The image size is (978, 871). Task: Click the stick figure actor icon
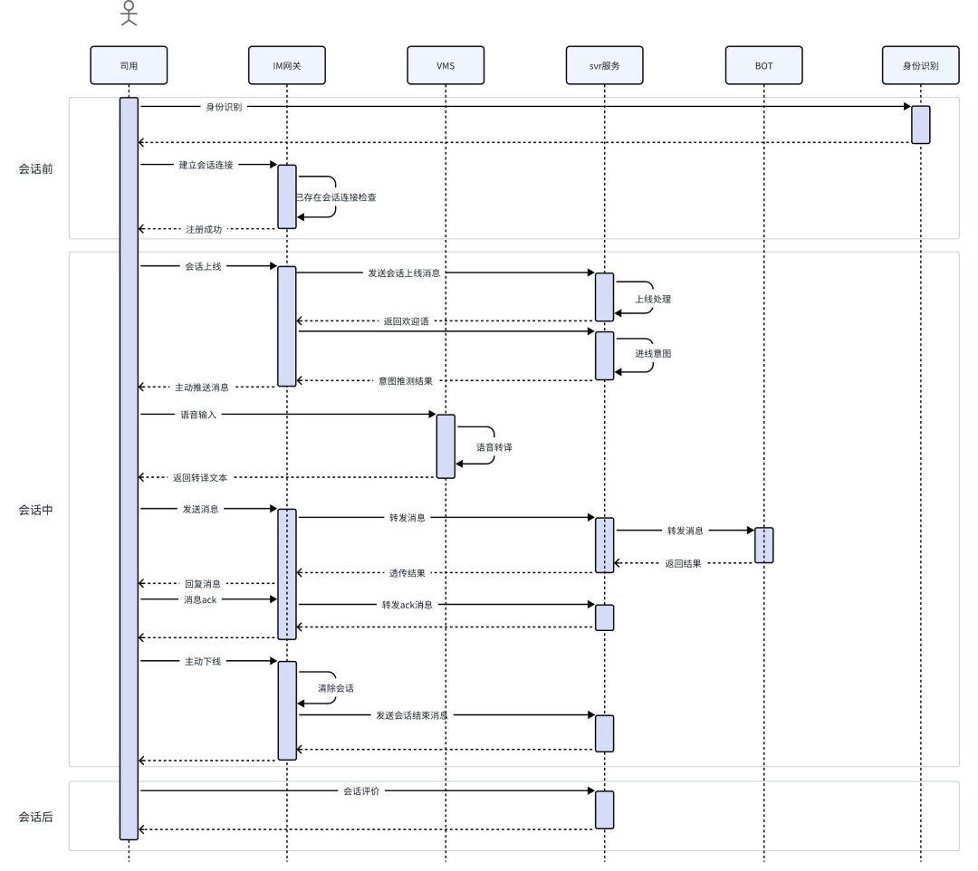pos(129,13)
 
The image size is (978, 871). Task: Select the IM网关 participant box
pos(287,65)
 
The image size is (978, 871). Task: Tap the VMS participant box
pos(446,65)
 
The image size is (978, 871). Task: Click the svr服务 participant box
pos(604,65)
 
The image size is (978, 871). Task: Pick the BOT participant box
pos(763,65)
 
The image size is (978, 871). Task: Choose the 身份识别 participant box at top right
pos(921,65)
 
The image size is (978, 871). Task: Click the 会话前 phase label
pos(35,169)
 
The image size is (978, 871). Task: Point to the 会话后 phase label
pos(35,817)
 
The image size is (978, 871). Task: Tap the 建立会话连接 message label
pos(206,165)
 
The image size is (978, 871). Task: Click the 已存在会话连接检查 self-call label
pos(336,197)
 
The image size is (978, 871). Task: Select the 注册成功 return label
pos(204,229)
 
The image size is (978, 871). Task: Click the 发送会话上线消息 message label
pos(404,273)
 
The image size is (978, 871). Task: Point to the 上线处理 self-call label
pos(653,300)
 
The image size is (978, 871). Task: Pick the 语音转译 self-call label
pos(494,447)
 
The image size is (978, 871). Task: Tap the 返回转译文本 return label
pos(200,478)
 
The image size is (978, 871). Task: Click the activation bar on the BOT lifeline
pos(764,546)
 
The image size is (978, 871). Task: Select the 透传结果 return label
pos(407,573)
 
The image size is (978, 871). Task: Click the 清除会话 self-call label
pos(336,688)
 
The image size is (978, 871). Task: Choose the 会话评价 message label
pos(361,791)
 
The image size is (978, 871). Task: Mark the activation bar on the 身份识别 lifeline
pos(921,125)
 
